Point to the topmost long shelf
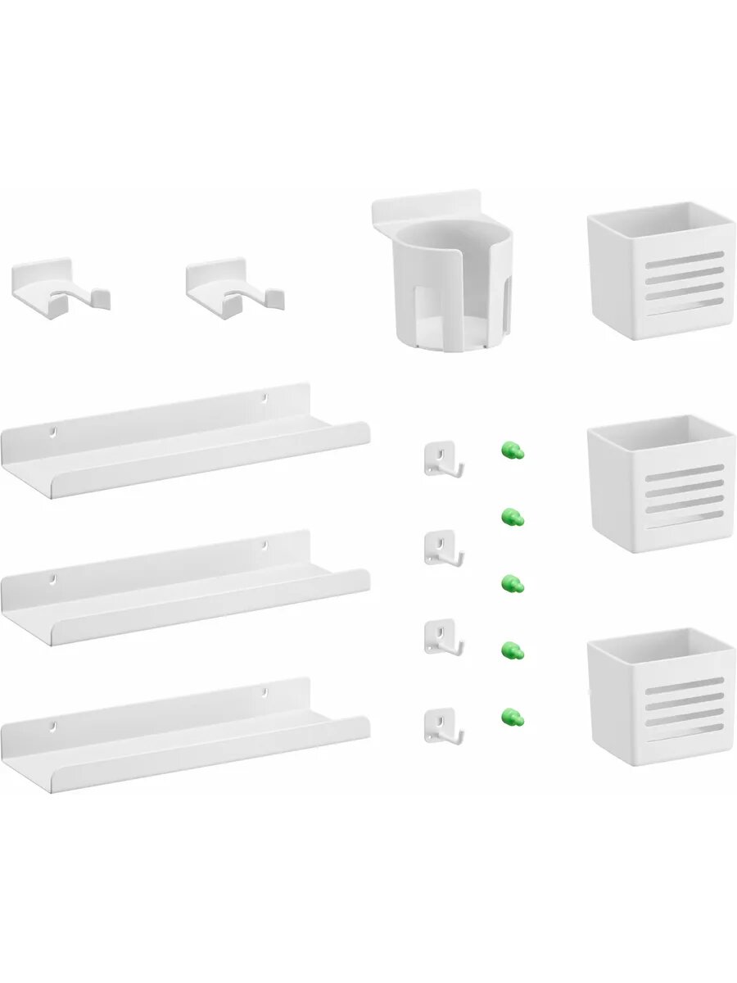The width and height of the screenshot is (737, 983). click(184, 442)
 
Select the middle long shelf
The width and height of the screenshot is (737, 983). click(184, 590)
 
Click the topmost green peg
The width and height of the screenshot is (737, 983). click(512, 450)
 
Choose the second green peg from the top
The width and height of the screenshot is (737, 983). click(512, 517)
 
